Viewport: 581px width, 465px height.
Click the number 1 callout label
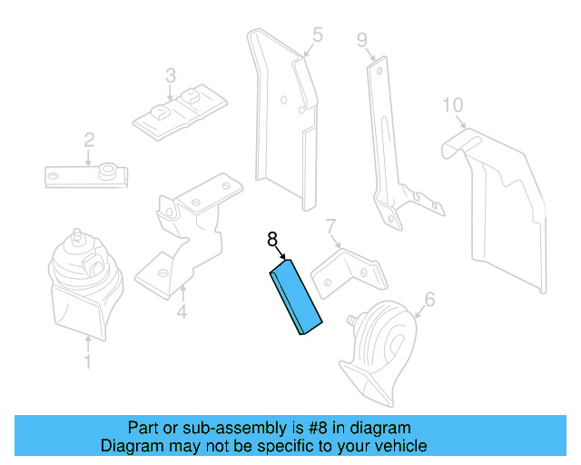click(x=87, y=363)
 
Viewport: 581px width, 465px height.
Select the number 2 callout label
click(x=89, y=140)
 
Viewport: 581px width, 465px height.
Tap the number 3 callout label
click(x=170, y=74)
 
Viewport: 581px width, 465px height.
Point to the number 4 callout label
click(x=182, y=314)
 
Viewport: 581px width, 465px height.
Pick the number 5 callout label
click(x=317, y=35)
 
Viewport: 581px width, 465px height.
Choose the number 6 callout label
click(x=429, y=298)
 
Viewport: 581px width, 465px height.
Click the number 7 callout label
click(x=331, y=225)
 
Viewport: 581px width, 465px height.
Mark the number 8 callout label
click(x=271, y=240)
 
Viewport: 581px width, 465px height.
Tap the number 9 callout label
click(x=361, y=39)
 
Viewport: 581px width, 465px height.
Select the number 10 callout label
click(x=453, y=104)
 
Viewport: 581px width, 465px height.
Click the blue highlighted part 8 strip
click(x=297, y=296)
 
